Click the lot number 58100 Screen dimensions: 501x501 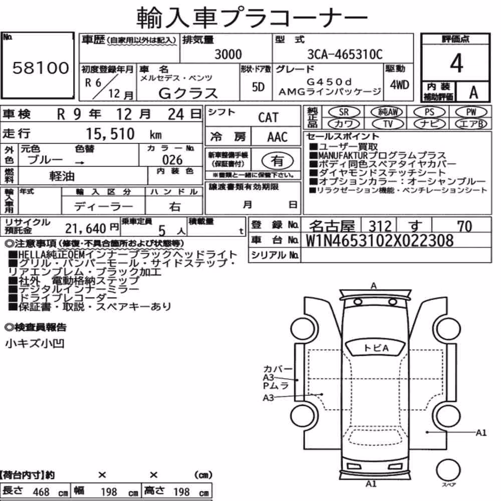click(x=41, y=68)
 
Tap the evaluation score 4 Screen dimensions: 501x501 click(x=456, y=63)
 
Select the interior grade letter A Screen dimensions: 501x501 click(x=473, y=92)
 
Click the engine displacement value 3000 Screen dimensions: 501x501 click(x=228, y=54)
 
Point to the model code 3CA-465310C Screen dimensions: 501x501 click(x=345, y=54)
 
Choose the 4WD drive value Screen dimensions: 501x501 click(x=399, y=85)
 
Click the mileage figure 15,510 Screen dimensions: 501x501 click(x=110, y=134)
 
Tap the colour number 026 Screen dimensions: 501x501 click(x=172, y=160)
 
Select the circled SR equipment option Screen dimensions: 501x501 click(x=344, y=112)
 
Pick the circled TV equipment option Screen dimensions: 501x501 click(x=388, y=123)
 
